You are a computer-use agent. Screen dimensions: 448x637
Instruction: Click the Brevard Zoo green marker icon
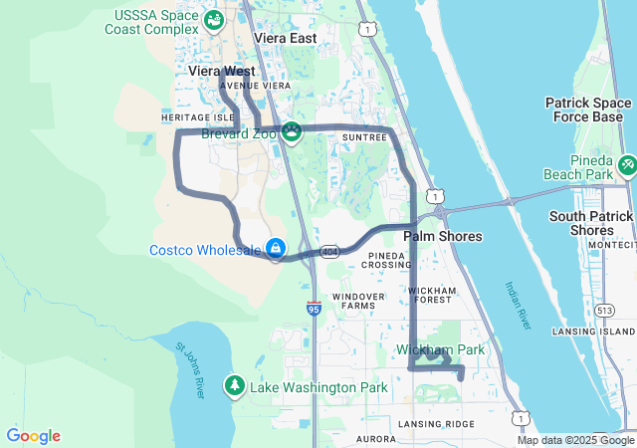click(x=292, y=131)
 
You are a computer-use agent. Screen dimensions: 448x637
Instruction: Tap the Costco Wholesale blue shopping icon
click(x=275, y=248)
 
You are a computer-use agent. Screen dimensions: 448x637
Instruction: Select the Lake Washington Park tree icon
click(x=235, y=385)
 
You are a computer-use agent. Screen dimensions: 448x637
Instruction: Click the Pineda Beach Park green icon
click(x=626, y=166)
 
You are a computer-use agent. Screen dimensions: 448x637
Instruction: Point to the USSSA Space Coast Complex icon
click(x=213, y=20)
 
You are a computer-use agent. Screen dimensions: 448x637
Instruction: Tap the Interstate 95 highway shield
click(x=314, y=309)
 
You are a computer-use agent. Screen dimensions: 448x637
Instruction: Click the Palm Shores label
click(x=442, y=237)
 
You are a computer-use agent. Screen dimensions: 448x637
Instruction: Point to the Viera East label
click(x=285, y=38)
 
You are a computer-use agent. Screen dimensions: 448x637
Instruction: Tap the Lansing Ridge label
click(x=436, y=424)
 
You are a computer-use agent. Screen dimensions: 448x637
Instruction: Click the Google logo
click(x=33, y=436)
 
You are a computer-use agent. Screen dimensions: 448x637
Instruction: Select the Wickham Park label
click(x=440, y=349)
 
